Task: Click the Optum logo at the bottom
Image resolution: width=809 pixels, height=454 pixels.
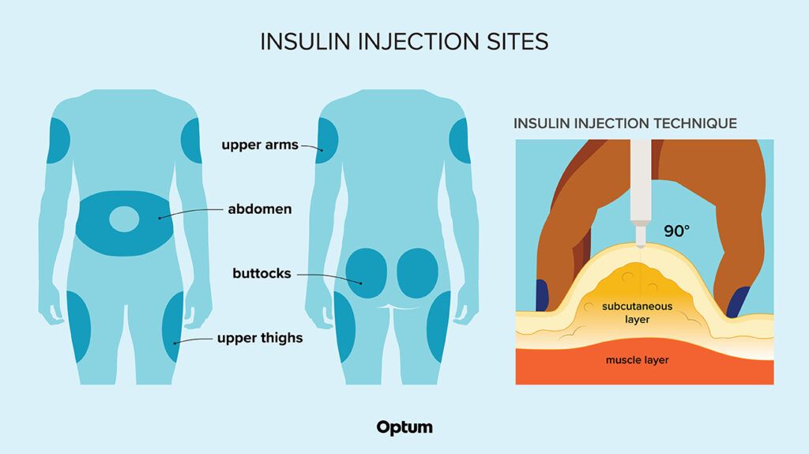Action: [404, 427]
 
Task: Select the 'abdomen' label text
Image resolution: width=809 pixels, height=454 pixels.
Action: [260, 209]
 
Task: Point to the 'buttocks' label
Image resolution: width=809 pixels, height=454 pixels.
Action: [262, 274]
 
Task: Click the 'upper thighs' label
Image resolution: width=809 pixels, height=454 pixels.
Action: [260, 339]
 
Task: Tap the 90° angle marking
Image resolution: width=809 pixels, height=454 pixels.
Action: [676, 231]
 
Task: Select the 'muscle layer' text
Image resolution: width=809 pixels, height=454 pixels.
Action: [637, 360]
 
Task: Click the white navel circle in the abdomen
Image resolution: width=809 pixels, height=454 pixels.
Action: [123, 219]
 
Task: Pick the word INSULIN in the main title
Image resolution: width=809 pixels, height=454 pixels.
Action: [304, 42]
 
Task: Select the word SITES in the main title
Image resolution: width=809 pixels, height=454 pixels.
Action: [517, 42]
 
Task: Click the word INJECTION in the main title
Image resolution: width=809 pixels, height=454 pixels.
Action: [415, 42]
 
